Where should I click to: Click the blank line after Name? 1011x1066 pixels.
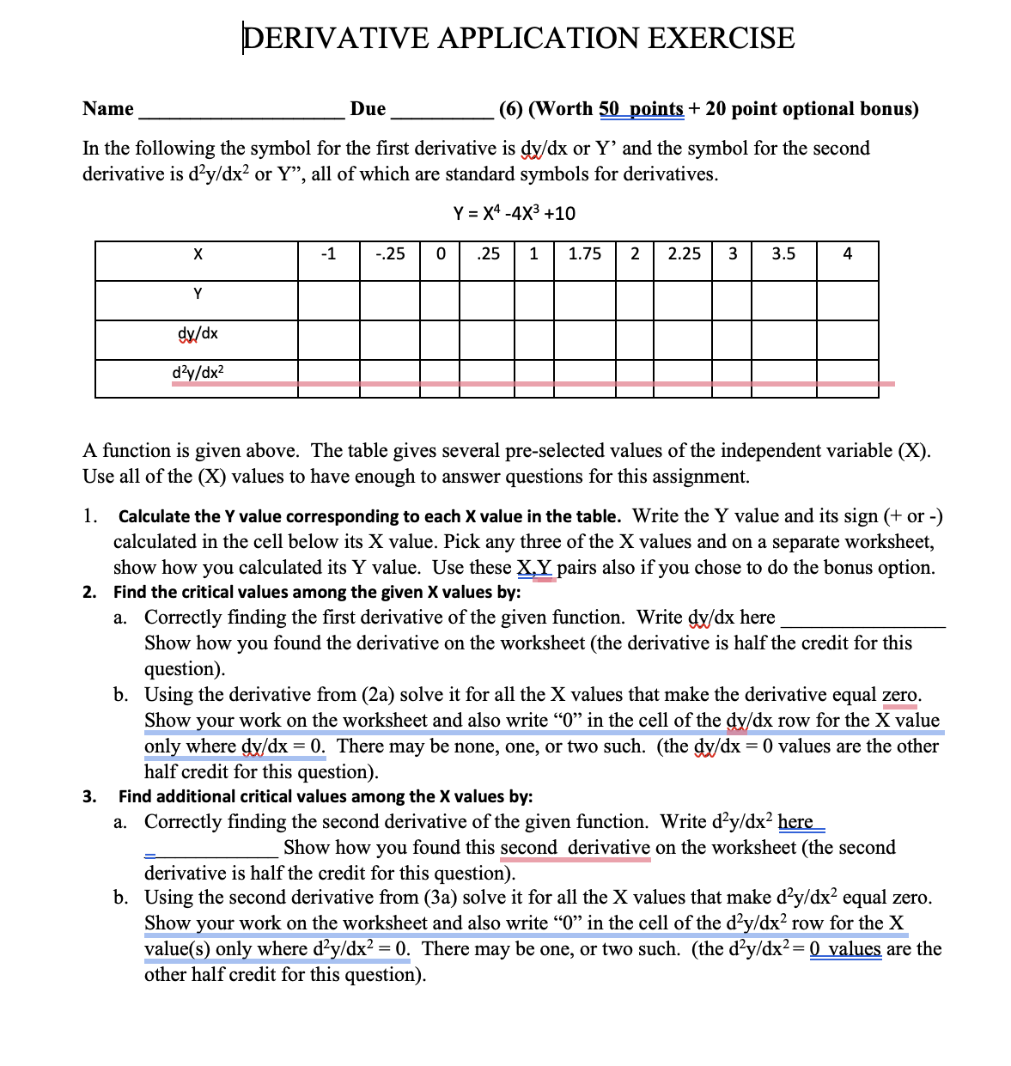240,110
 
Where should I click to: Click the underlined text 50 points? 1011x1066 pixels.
641,109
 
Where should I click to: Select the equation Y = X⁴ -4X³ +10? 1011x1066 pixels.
514,213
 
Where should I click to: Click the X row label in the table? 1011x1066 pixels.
197,254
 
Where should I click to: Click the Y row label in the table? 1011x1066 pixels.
197,294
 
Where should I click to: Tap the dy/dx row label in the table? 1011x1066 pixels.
197,333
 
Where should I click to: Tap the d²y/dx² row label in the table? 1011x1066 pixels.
197,373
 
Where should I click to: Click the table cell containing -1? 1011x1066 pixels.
328,254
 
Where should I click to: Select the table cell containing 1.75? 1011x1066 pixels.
585,254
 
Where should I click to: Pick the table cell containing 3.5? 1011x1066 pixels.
783,254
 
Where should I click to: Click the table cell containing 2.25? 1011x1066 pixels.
684,254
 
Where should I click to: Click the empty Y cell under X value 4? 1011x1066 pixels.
847,299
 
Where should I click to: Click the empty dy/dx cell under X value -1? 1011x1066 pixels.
328,338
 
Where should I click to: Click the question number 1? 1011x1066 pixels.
89,516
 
